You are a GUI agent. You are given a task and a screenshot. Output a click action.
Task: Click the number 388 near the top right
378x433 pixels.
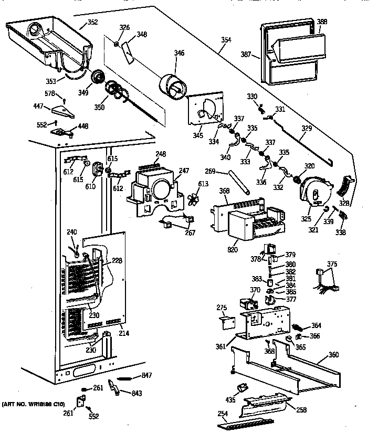pos(322,22)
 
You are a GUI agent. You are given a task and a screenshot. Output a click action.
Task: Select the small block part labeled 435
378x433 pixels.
pos(243,388)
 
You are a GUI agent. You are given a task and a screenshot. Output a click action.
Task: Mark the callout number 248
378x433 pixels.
pos(160,154)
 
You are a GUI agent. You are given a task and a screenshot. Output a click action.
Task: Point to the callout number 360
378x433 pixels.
pos(333,354)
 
